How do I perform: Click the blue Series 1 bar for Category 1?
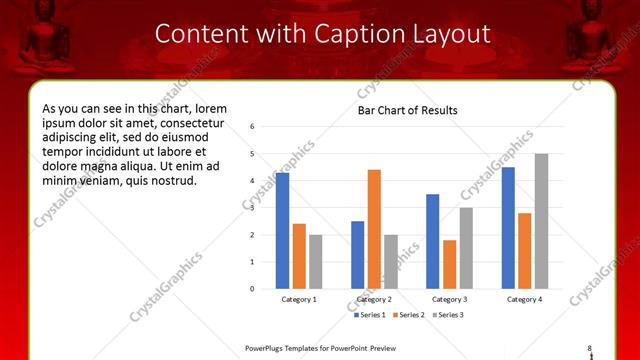[x=282, y=231]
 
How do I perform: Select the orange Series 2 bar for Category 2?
[x=374, y=229]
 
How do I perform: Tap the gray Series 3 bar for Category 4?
[x=541, y=221]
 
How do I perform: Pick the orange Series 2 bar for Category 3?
[x=449, y=264]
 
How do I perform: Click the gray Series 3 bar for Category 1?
[x=315, y=261]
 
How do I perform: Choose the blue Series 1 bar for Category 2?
[x=357, y=255]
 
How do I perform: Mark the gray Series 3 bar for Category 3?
[x=466, y=248]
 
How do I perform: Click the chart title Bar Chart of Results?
[x=408, y=110]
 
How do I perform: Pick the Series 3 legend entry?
[x=449, y=315]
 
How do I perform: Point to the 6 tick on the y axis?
[x=253, y=127]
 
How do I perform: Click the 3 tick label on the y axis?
[x=253, y=208]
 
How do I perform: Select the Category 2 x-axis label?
[x=374, y=299]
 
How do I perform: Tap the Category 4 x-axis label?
[x=524, y=299]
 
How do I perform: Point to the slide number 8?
[x=590, y=347]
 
